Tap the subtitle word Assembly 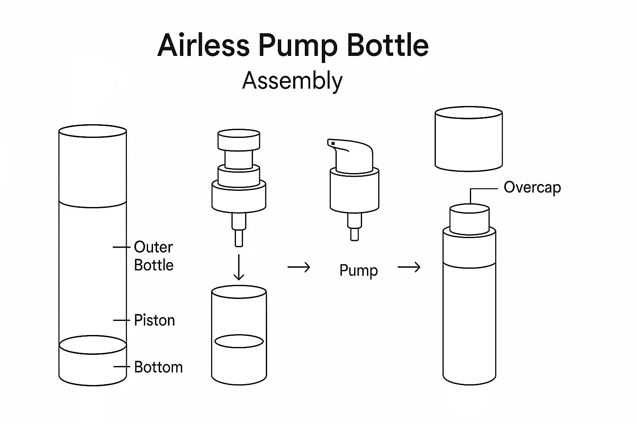292,80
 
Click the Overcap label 532,187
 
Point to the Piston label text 154,320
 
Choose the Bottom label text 158,367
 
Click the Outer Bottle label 153,256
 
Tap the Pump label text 358,270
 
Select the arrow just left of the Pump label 299,267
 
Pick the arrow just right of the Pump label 409,267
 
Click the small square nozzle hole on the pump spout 333,143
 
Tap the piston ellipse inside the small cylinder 239,341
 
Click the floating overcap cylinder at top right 469,139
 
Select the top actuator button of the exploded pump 239,140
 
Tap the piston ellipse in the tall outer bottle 93,344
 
